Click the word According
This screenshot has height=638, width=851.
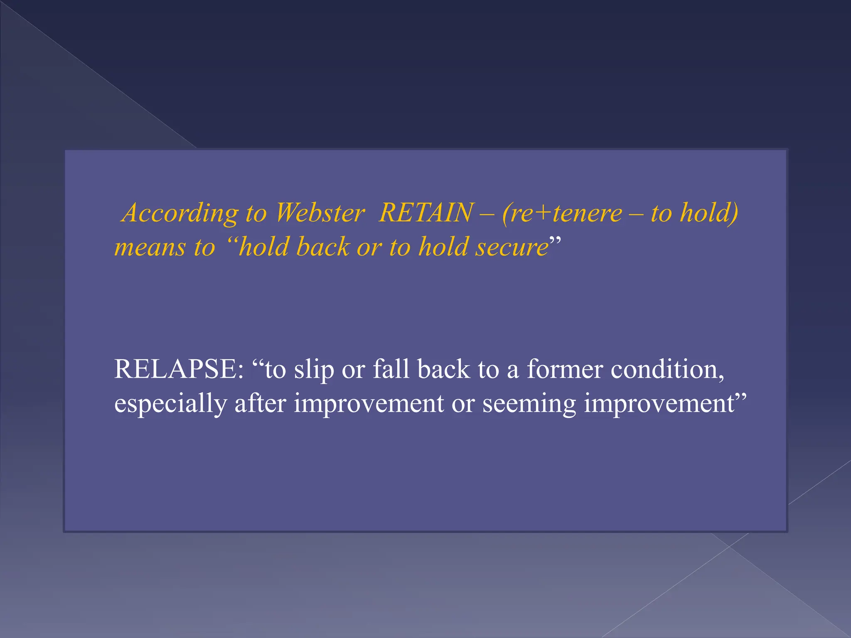point(180,213)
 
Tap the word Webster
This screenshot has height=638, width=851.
point(320,213)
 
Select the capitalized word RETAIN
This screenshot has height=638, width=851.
point(426,213)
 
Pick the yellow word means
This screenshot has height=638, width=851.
point(150,248)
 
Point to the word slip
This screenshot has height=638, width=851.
point(314,370)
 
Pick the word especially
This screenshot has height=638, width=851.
point(170,404)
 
